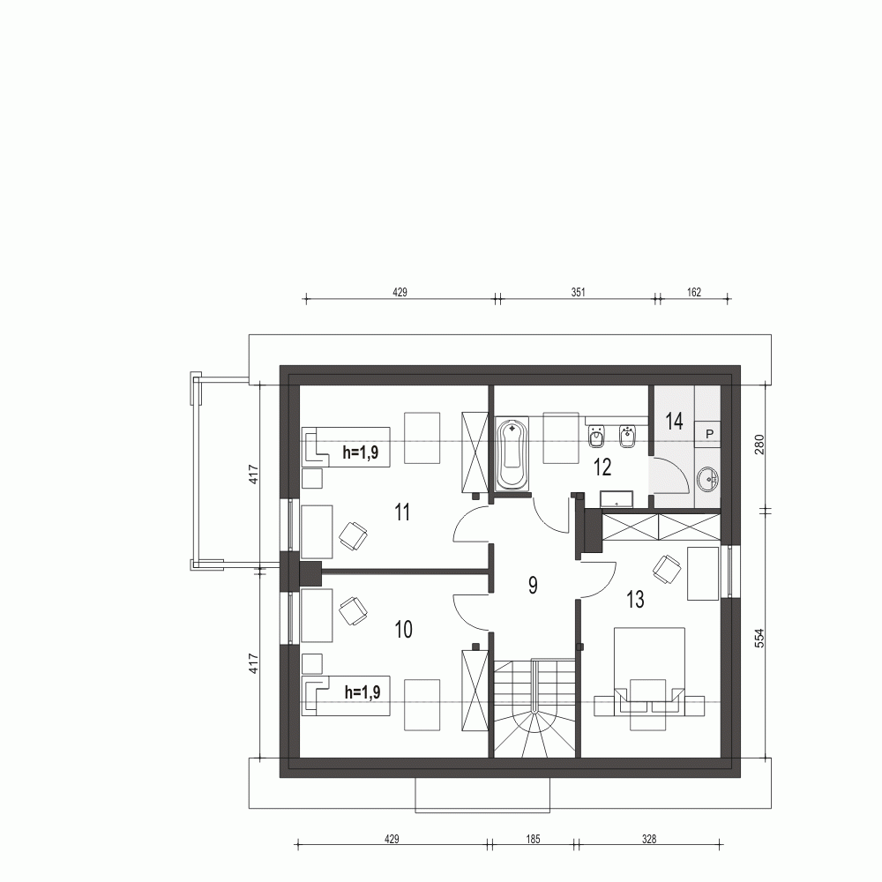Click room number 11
[403, 512]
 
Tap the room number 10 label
[403, 630]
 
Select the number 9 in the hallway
[533, 584]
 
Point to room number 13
[634, 601]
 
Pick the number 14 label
[674, 421]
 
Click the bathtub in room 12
[512, 454]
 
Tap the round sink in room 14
[707, 481]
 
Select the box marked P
[709, 434]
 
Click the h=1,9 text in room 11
[362, 454]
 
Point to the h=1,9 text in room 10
[362, 692]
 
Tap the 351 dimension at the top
[579, 292]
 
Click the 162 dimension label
[692, 292]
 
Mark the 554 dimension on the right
[759, 639]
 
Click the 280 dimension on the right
[759, 445]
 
